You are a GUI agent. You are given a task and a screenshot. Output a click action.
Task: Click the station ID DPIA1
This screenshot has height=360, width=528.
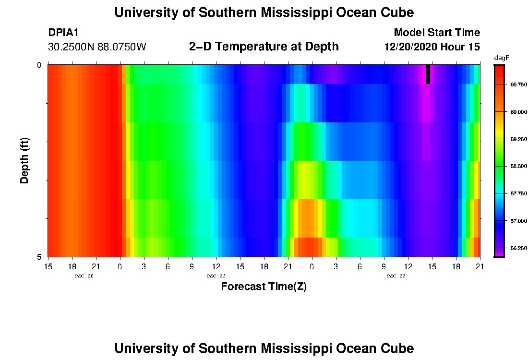tap(63, 33)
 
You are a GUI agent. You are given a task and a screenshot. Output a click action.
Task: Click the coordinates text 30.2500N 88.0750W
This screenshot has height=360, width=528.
tap(97, 47)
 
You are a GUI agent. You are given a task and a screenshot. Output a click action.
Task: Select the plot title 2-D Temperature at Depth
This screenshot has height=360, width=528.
tap(264, 47)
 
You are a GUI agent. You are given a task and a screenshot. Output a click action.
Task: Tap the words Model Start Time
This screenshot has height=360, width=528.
tap(436, 33)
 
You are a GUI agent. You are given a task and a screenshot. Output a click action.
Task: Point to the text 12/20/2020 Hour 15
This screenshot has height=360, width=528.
tap(432, 47)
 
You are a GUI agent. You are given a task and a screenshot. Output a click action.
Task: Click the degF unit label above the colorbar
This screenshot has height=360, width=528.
tap(501, 58)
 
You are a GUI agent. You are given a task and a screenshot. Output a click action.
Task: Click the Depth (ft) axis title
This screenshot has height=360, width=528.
tap(25, 161)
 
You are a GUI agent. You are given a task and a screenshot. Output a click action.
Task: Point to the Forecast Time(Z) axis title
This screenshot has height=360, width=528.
tap(264, 287)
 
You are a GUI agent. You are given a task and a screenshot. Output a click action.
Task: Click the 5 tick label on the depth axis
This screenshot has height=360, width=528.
tap(39, 257)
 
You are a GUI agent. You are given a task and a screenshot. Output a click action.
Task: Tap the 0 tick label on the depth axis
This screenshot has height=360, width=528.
tap(39, 65)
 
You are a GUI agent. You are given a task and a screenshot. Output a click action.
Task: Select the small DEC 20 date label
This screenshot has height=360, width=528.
tap(84, 276)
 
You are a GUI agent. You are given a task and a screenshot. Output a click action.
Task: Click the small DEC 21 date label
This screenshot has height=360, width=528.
tap(216, 276)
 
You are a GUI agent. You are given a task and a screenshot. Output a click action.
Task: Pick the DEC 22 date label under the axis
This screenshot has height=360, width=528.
tap(396, 276)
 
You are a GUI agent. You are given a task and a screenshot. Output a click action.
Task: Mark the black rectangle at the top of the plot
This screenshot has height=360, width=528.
tap(428, 74)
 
